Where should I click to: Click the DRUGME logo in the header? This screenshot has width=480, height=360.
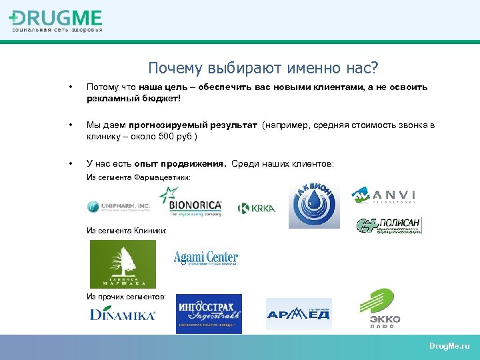click(57, 20)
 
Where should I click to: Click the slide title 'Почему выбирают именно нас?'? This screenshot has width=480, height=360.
click(263, 68)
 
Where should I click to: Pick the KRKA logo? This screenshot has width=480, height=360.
click(257, 209)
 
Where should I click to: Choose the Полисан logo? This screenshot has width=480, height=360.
click(389, 226)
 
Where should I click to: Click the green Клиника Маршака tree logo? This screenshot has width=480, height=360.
click(123, 264)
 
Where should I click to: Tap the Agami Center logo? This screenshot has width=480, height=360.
click(205, 258)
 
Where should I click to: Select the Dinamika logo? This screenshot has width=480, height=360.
click(123, 314)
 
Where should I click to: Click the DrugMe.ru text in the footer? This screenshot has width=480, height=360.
click(449, 347)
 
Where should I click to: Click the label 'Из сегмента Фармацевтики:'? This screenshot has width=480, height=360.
click(139, 178)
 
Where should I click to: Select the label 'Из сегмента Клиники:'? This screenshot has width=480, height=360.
click(127, 230)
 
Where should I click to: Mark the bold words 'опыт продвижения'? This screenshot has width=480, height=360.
click(180, 163)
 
